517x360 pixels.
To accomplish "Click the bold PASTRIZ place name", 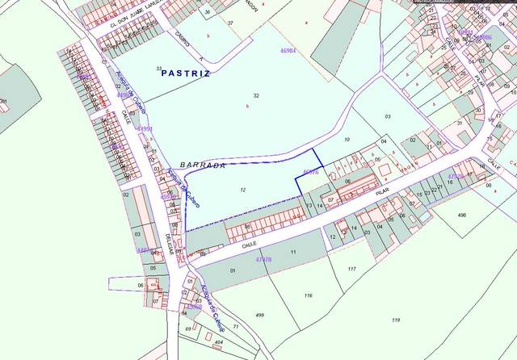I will (185, 73).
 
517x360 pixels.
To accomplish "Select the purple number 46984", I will (288, 50).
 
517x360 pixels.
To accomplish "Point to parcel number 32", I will (256, 95).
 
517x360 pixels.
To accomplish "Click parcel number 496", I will (462, 215).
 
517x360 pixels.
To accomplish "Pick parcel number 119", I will (396, 320).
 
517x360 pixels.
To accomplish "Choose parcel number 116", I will (308, 296).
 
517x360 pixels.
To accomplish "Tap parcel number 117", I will (352, 268).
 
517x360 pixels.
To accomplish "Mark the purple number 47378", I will (263, 259).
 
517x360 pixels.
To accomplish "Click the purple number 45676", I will (310, 172).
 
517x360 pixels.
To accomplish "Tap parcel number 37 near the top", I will (230, 23).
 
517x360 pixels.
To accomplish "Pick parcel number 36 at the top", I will (208, 13).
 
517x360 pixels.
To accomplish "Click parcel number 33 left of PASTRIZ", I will (159, 68).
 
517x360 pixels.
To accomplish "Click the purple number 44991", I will (145, 129).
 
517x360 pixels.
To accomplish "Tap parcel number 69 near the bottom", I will (187, 329).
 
